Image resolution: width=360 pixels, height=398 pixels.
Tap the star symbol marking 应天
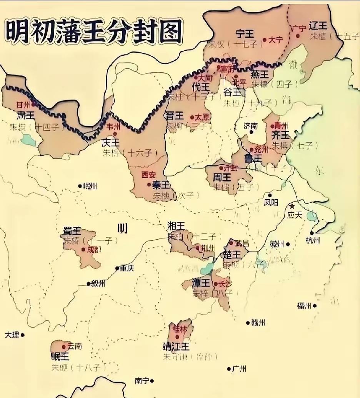[x=292, y=206]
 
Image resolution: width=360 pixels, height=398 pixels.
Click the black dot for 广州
[x=229, y=369]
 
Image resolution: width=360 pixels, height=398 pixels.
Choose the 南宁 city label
[x=142, y=381]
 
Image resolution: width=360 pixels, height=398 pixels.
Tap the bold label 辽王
[x=319, y=26]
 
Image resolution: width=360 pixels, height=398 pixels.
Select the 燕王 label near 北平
[x=259, y=74]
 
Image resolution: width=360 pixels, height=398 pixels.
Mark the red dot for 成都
[x=83, y=250]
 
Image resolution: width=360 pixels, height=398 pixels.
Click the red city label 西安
[x=149, y=175]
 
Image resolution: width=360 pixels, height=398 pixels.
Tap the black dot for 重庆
[x=117, y=268]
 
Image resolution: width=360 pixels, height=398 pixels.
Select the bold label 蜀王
[x=72, y=231]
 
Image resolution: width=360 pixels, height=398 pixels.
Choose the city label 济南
[x=251, y=126]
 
